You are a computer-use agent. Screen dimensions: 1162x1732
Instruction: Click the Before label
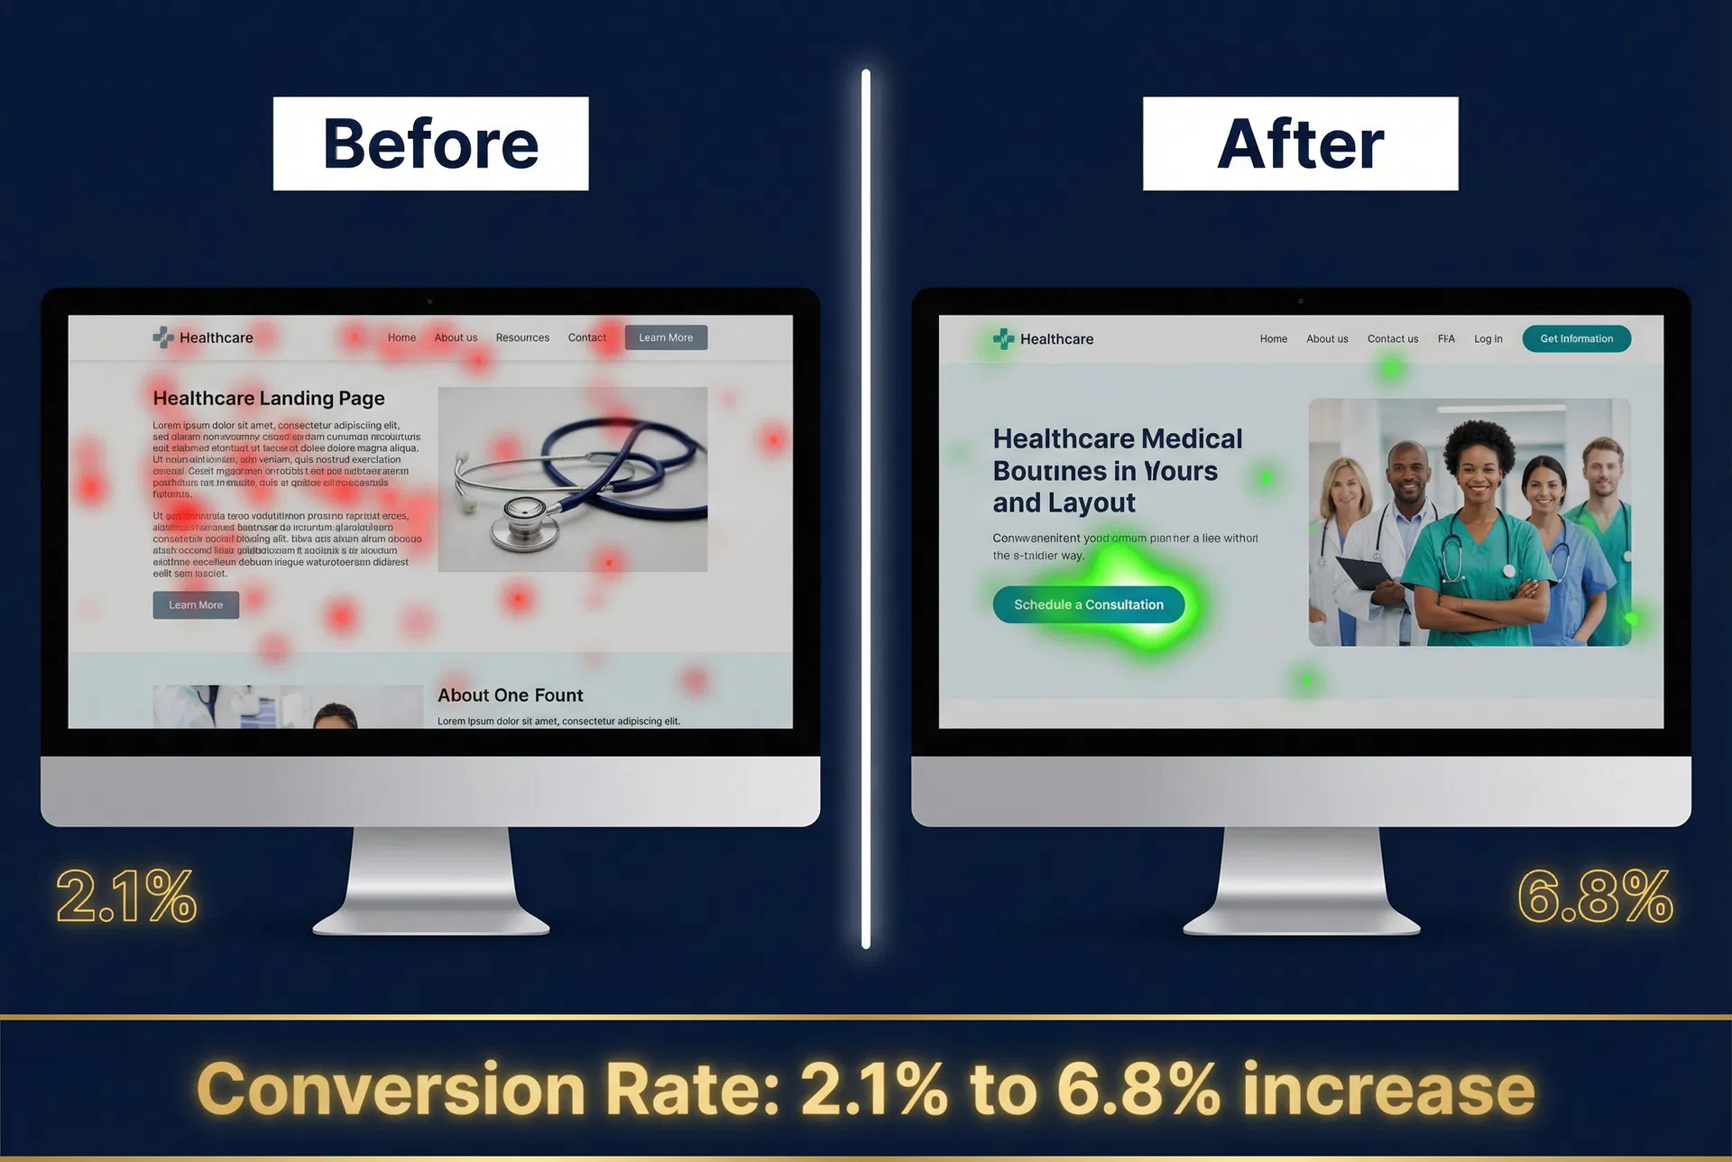click(430, 143)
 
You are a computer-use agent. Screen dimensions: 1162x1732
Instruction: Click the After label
click(1300, 143)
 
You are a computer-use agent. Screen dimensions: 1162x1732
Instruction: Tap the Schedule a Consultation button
click(1088, 604)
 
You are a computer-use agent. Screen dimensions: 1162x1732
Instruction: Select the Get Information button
click(1576, 338)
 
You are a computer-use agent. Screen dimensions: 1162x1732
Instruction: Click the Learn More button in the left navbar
click(666, 337)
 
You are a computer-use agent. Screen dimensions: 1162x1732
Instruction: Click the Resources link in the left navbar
click(522, 337)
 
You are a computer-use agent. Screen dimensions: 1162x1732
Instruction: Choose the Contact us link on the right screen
click(1392, 339)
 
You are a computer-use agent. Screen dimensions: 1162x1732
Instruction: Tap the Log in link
click(1488, 339)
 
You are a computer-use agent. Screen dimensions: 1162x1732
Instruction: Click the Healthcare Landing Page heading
click(269, 398)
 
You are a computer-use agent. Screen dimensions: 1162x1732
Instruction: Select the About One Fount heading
click(510, 695)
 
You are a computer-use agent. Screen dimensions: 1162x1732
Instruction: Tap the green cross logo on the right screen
click(1003, 338)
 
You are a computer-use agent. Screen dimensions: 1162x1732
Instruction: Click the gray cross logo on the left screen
click(163, 337)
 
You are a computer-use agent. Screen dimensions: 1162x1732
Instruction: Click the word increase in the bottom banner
click(1387, 1090)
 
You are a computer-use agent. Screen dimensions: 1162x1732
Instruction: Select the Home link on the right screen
click(1273, 339)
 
